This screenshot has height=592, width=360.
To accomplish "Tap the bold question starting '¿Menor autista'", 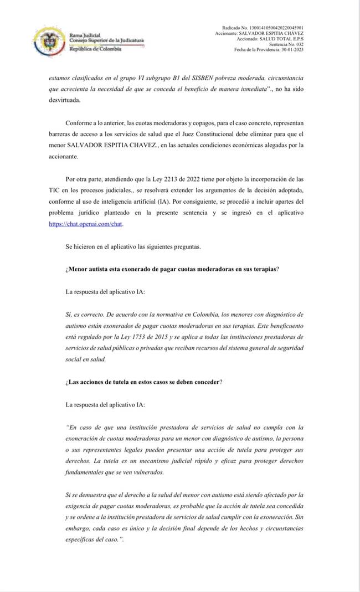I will (172, 269).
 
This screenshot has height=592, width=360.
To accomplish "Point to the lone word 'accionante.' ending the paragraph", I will (65, 156).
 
